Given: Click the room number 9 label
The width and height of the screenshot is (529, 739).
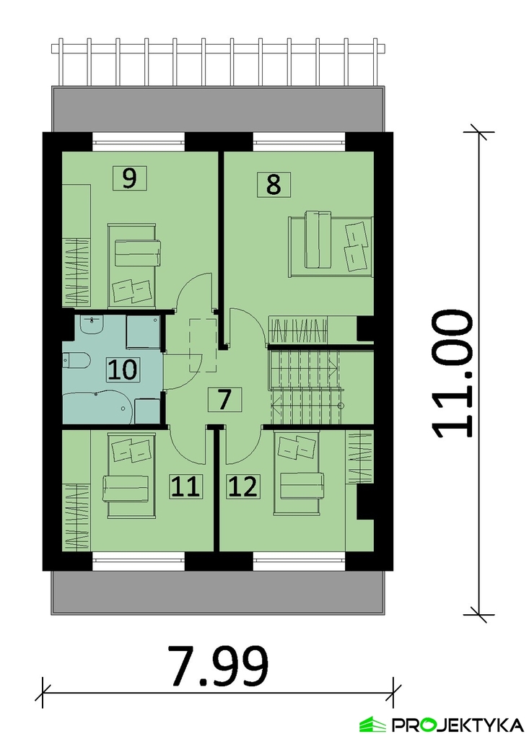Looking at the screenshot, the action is tap(130, 178).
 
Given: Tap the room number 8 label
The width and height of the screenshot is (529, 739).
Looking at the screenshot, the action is tap(274, 184).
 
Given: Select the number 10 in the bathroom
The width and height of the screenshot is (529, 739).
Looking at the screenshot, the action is tap(123, 369).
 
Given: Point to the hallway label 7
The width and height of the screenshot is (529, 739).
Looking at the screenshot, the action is tap(224, 400).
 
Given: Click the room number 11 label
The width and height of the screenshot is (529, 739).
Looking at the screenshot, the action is tap(185, 486).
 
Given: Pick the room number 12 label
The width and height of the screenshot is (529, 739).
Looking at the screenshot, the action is tap(243, 486).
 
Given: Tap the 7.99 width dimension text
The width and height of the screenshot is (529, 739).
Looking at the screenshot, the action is tap(219, 665).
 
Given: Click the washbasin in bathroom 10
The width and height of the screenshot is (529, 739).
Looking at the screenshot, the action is tap(92, 325).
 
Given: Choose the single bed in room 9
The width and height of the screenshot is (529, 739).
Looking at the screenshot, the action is tap(132, 266).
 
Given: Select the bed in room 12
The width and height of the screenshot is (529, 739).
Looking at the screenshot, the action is tap(298, 473).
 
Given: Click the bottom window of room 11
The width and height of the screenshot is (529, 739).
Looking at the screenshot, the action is tap(139, 561).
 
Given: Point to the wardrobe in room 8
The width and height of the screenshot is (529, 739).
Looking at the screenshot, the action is tap(312, 330).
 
